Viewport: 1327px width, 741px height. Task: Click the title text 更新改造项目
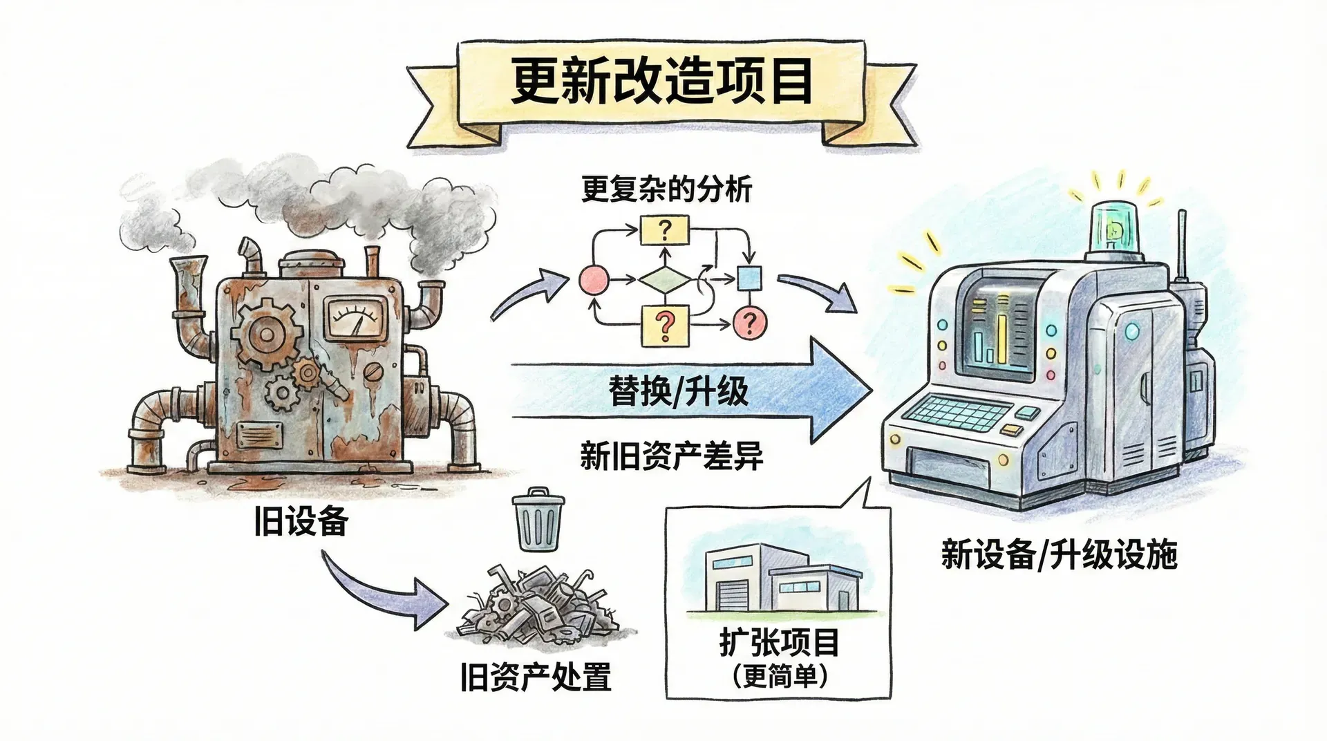point(661,82)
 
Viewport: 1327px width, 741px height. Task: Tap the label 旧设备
point(300,521)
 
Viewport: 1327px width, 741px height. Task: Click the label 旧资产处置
point(536,677)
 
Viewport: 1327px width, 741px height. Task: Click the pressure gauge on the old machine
point(355,319)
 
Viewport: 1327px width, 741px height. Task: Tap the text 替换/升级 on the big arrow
point(678,391)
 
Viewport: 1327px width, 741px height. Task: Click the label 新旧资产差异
point(671,457)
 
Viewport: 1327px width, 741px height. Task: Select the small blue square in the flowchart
point(749,279)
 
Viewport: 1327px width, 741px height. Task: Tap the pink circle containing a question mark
point(750,322)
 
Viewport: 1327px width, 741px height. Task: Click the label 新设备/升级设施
point(1058,554)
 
